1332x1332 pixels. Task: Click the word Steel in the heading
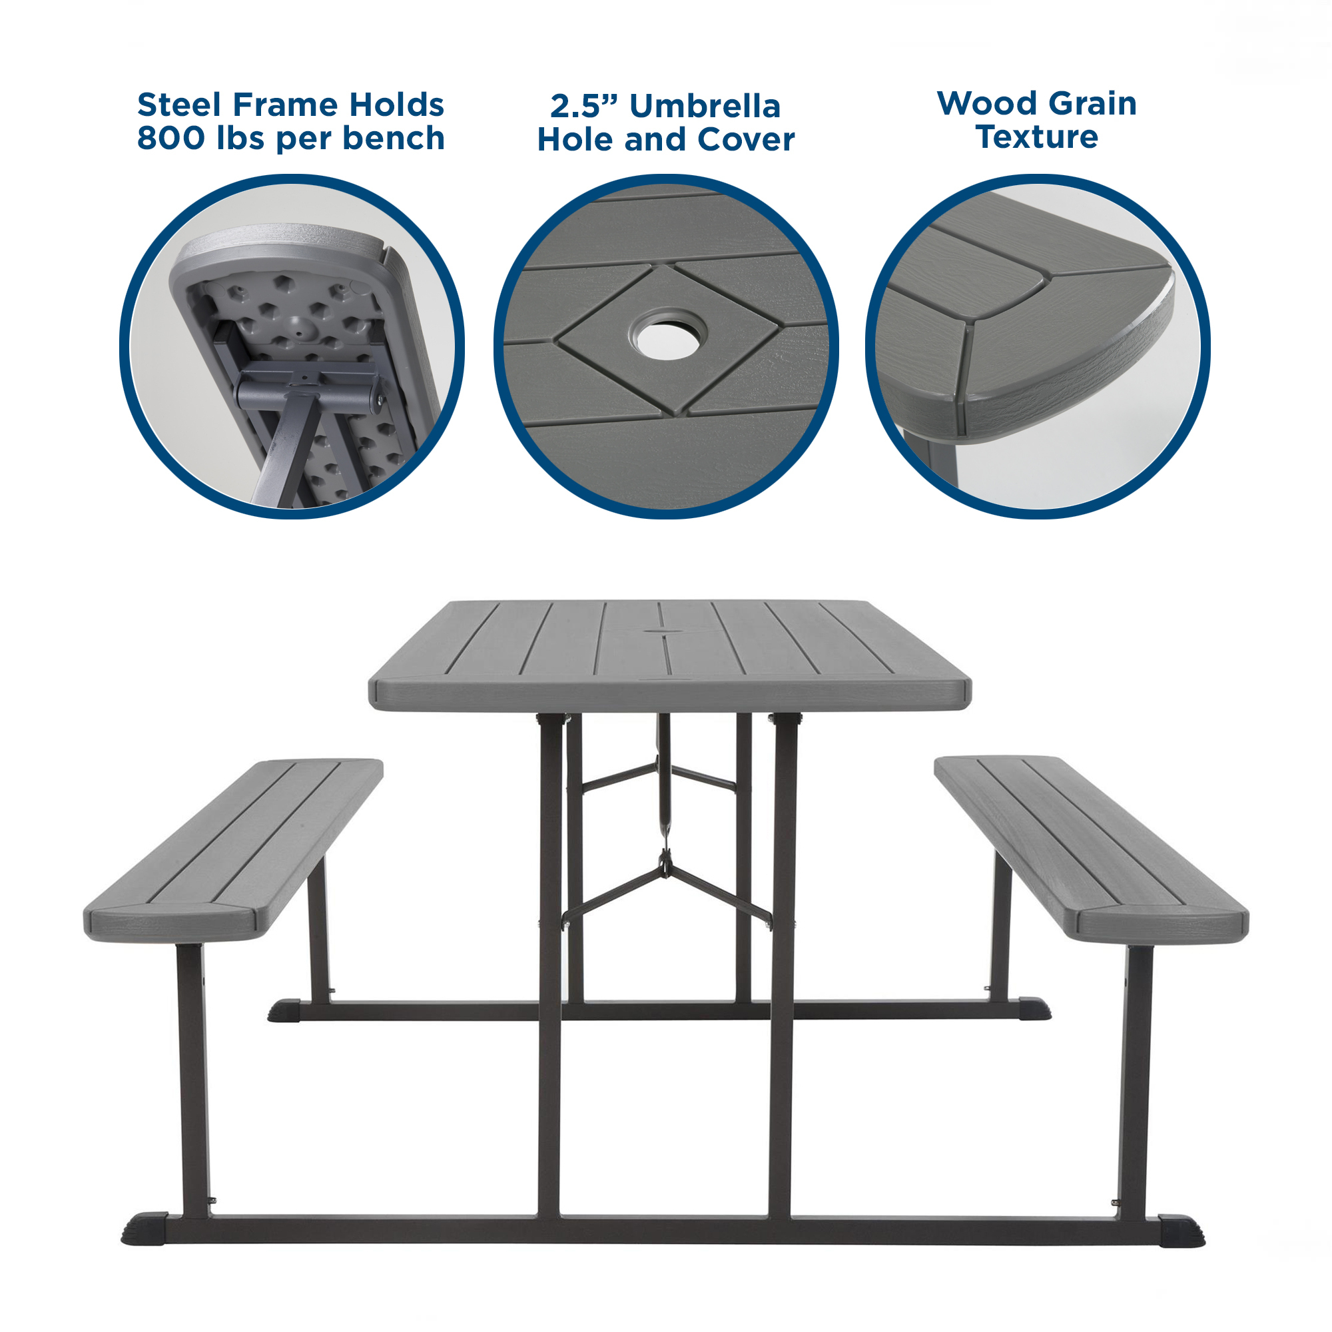[x=180, y=105]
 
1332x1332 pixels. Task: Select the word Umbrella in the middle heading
[x=705, y=106]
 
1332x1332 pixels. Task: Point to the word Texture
[x=1036, y=137]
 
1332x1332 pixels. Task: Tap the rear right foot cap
[x=1034, y=1008]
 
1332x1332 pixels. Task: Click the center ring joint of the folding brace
[x=664, y=863]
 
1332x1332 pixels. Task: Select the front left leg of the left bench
[x=193, y=1076]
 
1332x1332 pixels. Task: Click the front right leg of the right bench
[x=1134, y=1076]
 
